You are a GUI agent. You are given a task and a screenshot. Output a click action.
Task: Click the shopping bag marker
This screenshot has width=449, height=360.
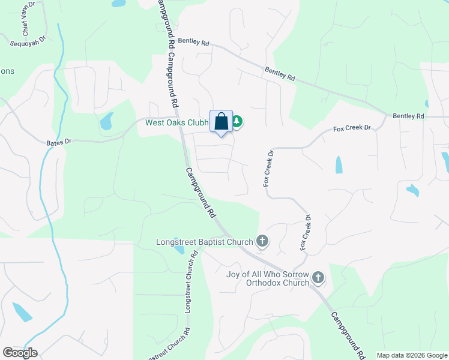pos(221,121)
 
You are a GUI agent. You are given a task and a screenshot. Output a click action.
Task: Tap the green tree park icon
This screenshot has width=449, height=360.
pos(237,122)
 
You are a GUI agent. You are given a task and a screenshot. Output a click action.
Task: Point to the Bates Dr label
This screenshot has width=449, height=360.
pos(59,142)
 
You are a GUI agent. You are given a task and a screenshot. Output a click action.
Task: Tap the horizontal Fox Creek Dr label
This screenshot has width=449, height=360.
pos(352,128)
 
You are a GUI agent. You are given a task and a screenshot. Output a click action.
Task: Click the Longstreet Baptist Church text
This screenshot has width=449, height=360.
pos(203,242)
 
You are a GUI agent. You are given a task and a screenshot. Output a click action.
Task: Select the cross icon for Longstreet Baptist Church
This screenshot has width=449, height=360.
pos(262,242)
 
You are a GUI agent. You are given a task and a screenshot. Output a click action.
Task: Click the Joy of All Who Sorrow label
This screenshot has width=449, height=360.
pos(267,275)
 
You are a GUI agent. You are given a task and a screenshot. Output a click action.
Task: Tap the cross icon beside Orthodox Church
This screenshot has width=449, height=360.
pos(318,278)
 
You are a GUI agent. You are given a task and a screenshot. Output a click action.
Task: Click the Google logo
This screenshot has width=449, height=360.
pos(20,353)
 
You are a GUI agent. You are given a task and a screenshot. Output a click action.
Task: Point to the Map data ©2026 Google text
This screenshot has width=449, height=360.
pos(412,355)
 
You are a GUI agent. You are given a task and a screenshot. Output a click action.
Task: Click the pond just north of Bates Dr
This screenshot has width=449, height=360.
pos(106,122)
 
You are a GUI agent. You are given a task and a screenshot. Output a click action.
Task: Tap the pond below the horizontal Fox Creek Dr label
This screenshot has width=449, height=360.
pos(339,164)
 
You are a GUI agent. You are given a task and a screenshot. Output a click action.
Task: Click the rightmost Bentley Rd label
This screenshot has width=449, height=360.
pos(408,115)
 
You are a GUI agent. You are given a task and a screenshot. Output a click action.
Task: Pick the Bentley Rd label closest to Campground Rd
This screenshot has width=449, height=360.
pos(193,43)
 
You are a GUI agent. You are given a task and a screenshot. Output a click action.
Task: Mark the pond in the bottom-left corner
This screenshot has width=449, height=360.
pos(22,313)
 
